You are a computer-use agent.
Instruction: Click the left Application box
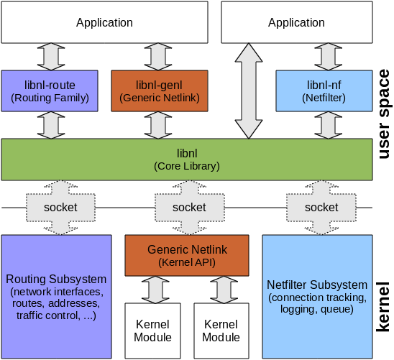pyautogui.click(x=105, y=22)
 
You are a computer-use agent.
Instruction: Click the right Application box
pyautogui.click(x=296, y=22)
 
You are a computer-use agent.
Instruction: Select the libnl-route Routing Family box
pyautogui.click(x=50, y=91)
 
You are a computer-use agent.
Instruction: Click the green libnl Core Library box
pyautogui.click(x=187, y=160)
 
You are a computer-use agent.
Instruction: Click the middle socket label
pyautogui.click(x=189, y=207)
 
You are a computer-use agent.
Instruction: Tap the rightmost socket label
pyautogui.click(x=321, y=207)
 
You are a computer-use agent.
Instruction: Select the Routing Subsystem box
pyautogui.click(x=56, y=295)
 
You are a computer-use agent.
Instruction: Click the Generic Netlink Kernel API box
pyautogui.click(x=187, y=255)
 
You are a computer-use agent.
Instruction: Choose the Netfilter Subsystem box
pyautogui.click(x=316, y=295)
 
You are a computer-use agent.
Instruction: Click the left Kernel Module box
pyautogui.click(x=153, y=331)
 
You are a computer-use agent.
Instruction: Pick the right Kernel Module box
pyautogui.click(x=221, y=331)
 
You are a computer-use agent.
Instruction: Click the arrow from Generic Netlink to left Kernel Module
pyautogui.click(x=153, y=289)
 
